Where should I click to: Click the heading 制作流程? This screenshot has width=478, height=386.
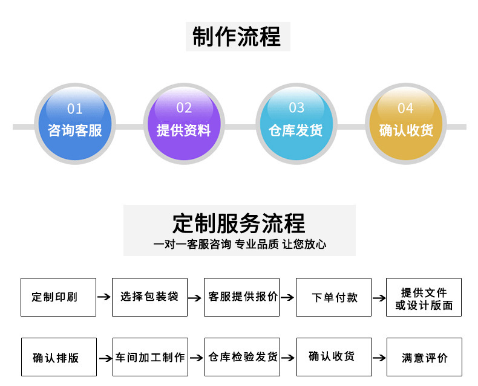tap(237, 36)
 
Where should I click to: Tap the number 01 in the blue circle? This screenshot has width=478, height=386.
tap(74, 109)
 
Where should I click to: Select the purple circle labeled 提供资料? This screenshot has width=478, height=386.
tap(184, 124)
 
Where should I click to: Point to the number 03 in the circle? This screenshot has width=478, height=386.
tap(296, 108)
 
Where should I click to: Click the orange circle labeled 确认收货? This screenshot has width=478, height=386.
tap(405, 124)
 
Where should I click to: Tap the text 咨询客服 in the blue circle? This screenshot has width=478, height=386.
tap(75, 130)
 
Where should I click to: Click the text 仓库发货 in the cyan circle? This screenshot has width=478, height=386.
tap(296, 130)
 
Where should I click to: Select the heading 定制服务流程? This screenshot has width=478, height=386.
tap(239, 224)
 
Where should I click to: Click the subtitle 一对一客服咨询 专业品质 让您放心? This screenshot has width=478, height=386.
tap(240, 245)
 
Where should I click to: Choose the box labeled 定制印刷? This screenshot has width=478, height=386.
tap(58, 297)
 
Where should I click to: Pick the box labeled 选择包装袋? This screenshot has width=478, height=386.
tap(149, 297)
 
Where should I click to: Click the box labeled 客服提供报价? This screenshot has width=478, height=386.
tap(241, 297)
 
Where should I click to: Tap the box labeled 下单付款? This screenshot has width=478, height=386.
tap(333, 297)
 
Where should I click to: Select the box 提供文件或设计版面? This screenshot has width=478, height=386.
tap(424, 297)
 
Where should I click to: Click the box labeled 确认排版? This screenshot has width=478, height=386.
tap(58, 358)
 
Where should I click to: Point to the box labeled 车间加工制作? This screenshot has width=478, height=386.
tap(150, 357)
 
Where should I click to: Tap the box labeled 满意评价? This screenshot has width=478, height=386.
tap(424, 358)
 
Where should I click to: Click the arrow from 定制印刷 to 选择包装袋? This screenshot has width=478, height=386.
tap(104, 297)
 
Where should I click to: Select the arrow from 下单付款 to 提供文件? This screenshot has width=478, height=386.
tap(379, 298)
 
